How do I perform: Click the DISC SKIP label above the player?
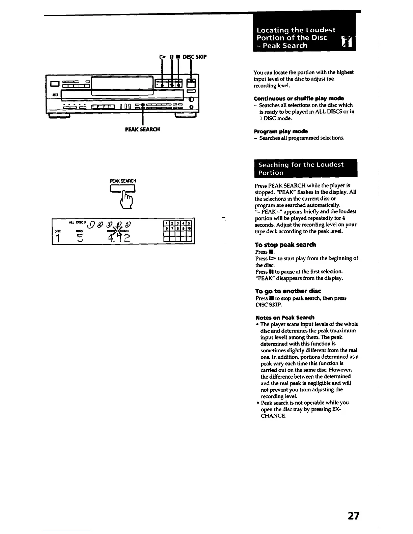194,57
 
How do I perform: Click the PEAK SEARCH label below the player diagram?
142,129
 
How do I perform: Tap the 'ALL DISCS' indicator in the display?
77,222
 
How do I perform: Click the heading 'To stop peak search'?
285,245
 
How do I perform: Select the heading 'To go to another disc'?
288,291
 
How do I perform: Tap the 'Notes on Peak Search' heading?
285,318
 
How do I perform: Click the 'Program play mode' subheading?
281,131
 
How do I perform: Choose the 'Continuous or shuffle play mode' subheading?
299,98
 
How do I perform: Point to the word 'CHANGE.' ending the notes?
273,416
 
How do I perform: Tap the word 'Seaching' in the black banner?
272,165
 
